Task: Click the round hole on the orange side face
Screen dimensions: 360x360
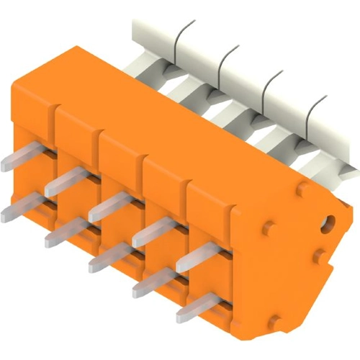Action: (x=329, y=220)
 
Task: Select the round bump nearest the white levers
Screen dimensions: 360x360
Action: (x=303, y=188)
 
